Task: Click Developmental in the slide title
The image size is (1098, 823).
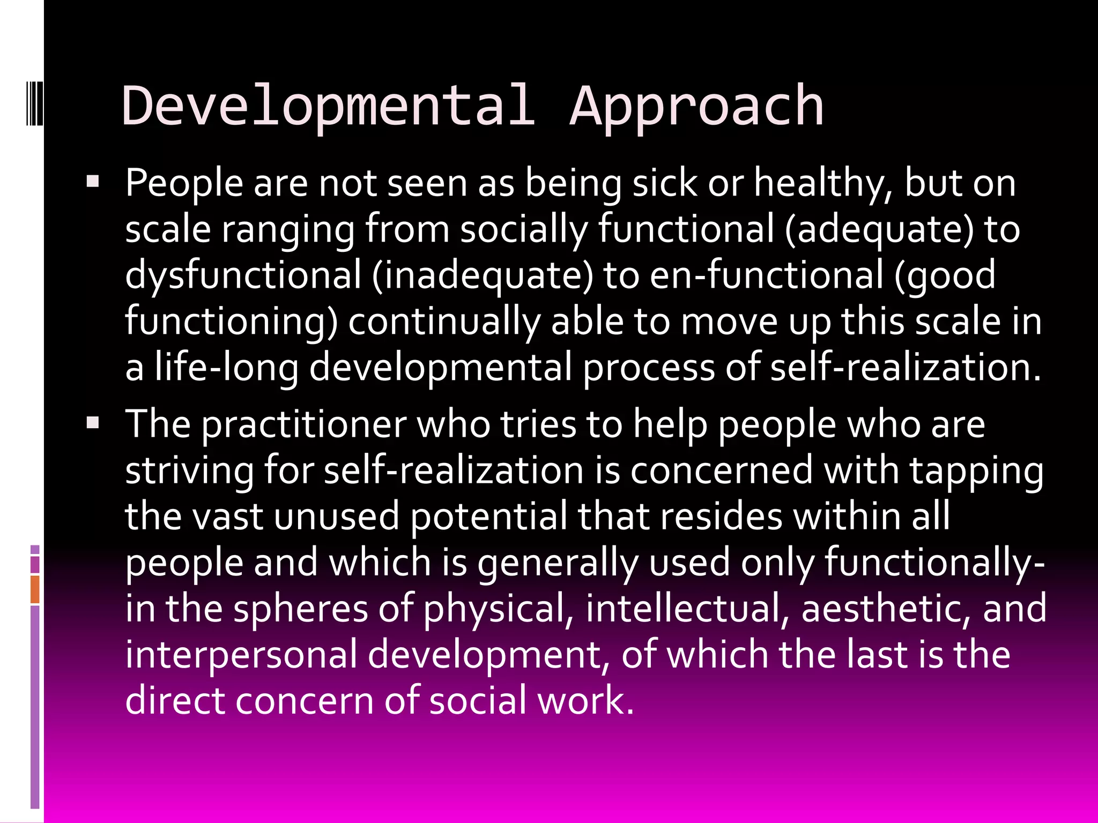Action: tap(328, 107)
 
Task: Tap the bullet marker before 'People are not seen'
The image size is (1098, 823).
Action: tap(93, 182)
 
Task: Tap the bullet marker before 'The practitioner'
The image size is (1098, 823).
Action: tap(93, 423)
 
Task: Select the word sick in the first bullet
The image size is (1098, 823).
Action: tap(665, 183)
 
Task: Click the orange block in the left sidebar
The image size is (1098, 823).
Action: tap(35, 589)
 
